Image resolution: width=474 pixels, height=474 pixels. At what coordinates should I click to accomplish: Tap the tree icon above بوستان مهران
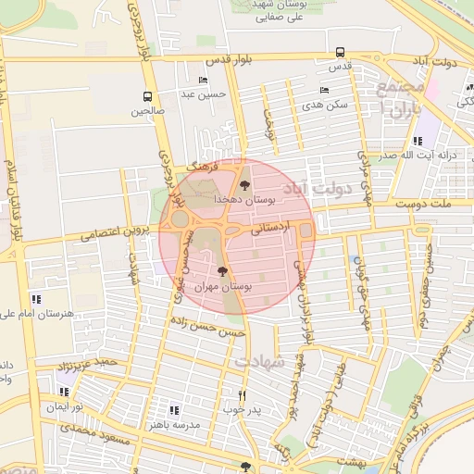(222, 270)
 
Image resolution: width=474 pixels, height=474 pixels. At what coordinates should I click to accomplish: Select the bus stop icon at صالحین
(148, 96)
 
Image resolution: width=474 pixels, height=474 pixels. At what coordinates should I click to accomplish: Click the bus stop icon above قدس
(341, 53)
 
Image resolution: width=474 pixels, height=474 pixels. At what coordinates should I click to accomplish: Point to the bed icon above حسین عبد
(203, 81)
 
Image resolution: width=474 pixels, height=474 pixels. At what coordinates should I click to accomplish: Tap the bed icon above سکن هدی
(323, 90)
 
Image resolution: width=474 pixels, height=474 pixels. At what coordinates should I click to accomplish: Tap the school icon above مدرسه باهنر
(173, 409)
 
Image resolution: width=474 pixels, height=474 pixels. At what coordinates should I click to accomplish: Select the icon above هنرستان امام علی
(36, 299)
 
